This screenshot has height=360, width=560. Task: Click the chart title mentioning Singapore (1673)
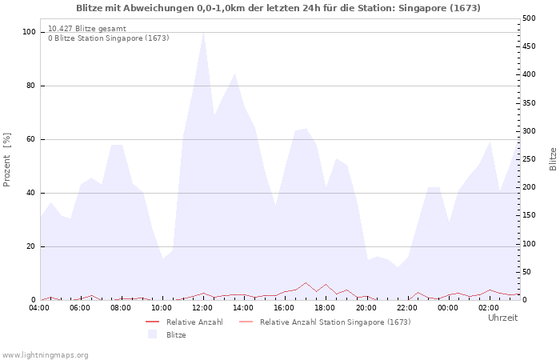(x=278, y=8)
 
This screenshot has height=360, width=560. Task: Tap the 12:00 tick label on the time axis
(x=202, y=308)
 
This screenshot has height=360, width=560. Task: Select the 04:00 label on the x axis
(x=39, y=308)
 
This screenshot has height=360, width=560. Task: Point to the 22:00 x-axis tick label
(x=406, y=308)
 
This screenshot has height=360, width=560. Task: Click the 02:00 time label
(x=489, y=308)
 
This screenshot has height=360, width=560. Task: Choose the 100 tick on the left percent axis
(x=29, y=32)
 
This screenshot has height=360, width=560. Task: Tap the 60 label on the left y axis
(x=30, y=139)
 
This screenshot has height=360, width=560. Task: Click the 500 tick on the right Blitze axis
(x=529, y=18)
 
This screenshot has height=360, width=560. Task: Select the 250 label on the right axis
(x=529, y=159)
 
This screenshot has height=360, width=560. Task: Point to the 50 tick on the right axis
(x=526, y=272)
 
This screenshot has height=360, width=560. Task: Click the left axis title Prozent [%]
(x=6, y=160)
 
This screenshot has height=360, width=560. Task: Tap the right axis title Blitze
(x=553, y=159)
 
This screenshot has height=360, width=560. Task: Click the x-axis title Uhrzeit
(x=503, y=318)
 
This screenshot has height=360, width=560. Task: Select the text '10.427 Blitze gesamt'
(x=87, y=29)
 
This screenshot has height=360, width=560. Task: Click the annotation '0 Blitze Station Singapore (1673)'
(x=109, y=38)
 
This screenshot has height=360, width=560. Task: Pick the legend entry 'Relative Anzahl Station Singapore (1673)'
(x=335, y=322)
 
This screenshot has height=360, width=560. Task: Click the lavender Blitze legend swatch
(x=153, y=334)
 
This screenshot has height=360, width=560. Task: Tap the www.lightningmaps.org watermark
(x=45, y=355)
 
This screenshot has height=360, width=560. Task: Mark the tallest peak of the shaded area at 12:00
(x=203, y=33)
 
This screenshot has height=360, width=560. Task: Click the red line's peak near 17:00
(x=306, y=283)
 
